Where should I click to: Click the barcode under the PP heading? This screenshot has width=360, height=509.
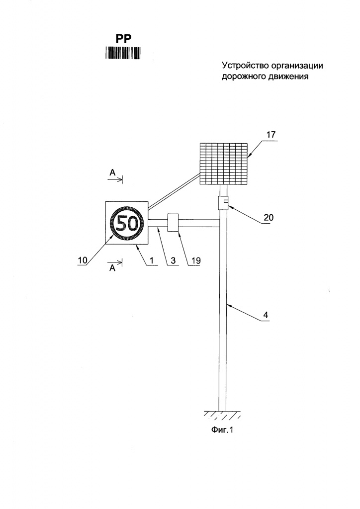tap(123, 53)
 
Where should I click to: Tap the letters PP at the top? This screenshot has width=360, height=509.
tap(123, 39)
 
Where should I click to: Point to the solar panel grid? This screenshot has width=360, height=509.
tap(224, 164)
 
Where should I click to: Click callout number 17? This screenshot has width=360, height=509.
tap(270, 135)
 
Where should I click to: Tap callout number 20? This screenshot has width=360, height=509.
tap(269, 217)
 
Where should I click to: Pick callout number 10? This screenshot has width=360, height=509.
tap(83, 260)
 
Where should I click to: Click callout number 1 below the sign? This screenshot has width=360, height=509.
tap(151, 260)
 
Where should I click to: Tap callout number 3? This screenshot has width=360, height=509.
tap(173, 260)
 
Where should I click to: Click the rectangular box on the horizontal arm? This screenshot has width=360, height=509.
tap(173, 222)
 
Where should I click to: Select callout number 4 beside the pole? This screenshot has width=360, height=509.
tap(266, 315)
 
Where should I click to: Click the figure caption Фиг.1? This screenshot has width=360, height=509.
tap(222, 430)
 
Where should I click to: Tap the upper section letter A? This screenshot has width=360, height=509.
tap(112, 172)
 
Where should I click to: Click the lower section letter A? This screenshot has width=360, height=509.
tap(112, 268)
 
